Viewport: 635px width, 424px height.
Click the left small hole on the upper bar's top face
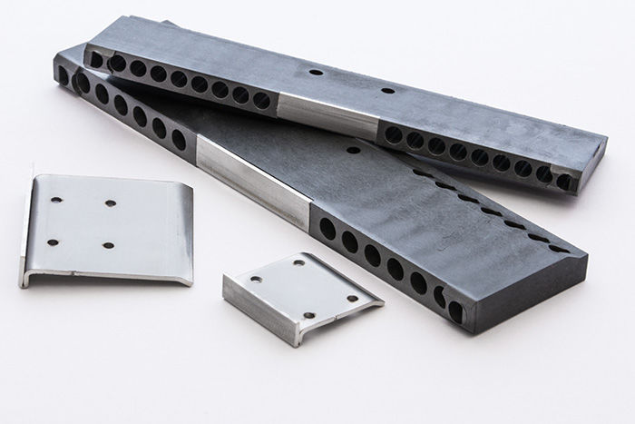click(315, 71)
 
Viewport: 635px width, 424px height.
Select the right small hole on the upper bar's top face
click(387, 90)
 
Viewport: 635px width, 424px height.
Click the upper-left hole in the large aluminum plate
click(55, 199)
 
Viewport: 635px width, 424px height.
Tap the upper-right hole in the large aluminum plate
click(112, 203)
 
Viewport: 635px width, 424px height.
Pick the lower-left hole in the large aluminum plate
click(52, 242)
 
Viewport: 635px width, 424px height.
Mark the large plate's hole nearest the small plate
click(109, 245)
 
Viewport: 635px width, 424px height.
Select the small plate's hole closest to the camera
click(308, 315)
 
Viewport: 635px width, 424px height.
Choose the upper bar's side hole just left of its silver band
click(261, 101)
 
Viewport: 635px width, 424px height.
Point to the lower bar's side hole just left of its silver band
click(179, 140)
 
